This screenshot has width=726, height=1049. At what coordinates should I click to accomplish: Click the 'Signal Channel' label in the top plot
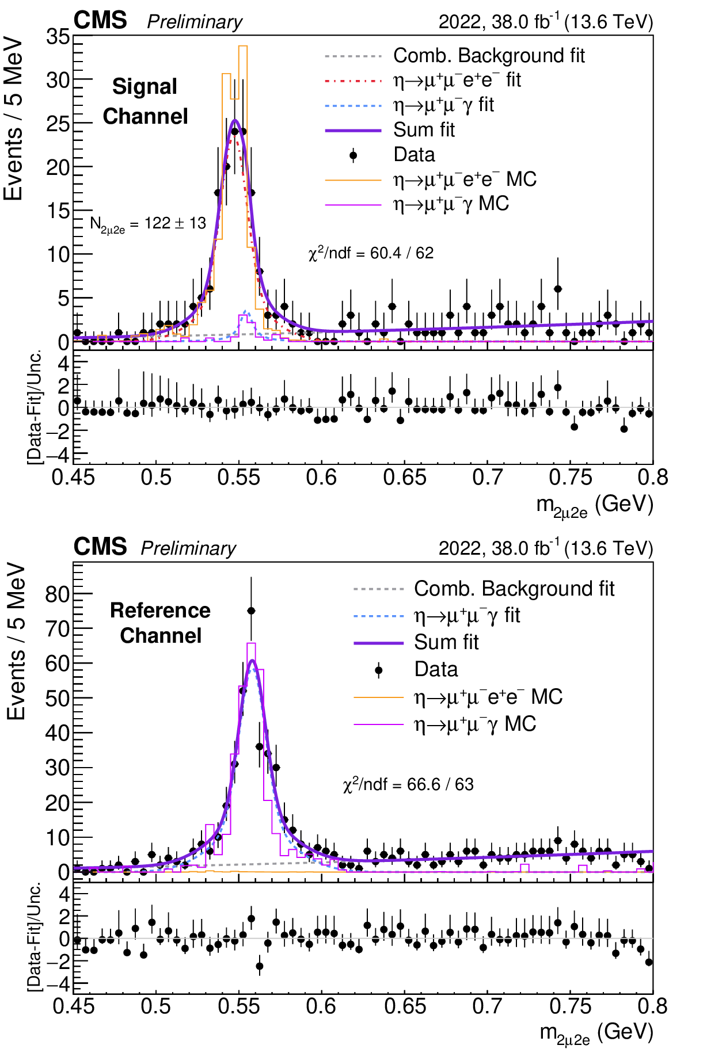[145, 101]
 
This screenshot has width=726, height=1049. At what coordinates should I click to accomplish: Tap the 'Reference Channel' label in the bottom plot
[160, 623]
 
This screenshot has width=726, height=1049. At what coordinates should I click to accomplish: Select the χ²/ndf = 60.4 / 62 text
[371, 253]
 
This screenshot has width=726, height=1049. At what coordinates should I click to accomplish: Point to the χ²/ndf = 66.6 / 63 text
[408, 784]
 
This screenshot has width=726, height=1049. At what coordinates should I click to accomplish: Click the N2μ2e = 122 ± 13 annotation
[148, 224]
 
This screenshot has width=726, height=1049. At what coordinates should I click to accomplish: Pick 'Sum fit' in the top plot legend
[424, 130]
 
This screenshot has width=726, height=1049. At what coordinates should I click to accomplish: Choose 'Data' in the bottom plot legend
[436, 669]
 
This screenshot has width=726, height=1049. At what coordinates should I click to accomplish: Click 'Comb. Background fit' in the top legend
[488, 56]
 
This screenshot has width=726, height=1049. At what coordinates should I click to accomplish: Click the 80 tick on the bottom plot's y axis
[58, 594]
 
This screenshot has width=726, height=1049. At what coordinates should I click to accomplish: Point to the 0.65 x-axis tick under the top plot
[405, 478]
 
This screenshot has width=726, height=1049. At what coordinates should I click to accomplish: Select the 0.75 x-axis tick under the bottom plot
[571, 1006]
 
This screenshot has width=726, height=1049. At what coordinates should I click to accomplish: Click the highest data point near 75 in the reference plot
[251, 611]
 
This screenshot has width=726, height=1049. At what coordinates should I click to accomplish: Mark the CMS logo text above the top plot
[100, 21]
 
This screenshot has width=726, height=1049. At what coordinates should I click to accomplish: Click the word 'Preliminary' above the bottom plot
[188, 548]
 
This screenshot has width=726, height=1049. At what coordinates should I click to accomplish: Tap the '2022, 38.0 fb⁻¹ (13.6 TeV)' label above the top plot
[545, 22]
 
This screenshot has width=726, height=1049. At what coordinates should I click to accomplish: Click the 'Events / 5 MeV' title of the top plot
[13, 120]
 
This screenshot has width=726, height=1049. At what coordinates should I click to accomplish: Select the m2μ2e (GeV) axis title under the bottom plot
[596, 1033]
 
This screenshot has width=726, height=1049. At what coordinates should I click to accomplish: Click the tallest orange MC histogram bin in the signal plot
[242, 47]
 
